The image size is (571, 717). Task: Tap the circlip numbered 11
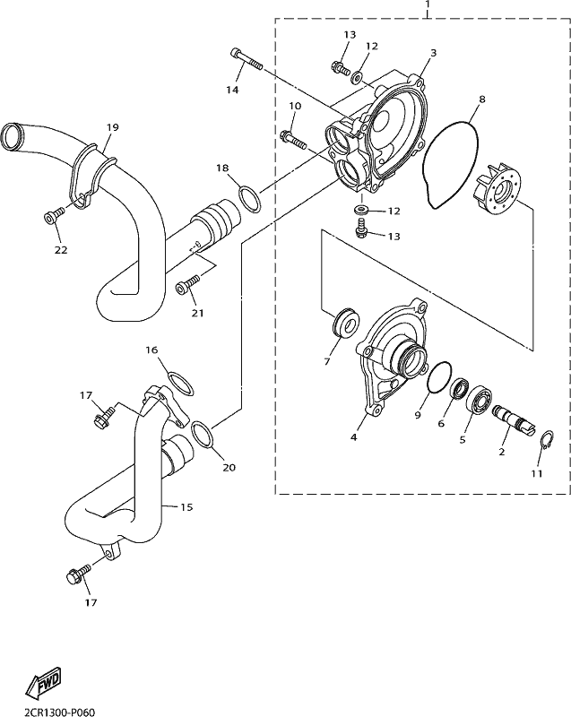coord(547,440)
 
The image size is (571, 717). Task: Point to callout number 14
coord(232,91)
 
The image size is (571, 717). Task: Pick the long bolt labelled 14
coord(246,59)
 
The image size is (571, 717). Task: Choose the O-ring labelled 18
coord(249,198)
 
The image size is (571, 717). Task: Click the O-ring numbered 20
coord(203,435)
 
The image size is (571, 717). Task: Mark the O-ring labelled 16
coord(180,384)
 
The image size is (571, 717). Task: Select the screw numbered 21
coord(188,283)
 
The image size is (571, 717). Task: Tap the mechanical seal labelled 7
coord(346,324)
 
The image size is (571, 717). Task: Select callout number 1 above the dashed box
coord(428,4)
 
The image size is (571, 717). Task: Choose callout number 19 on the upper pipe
coord(112,127)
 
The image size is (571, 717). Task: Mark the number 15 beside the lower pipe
coord(186,507)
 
